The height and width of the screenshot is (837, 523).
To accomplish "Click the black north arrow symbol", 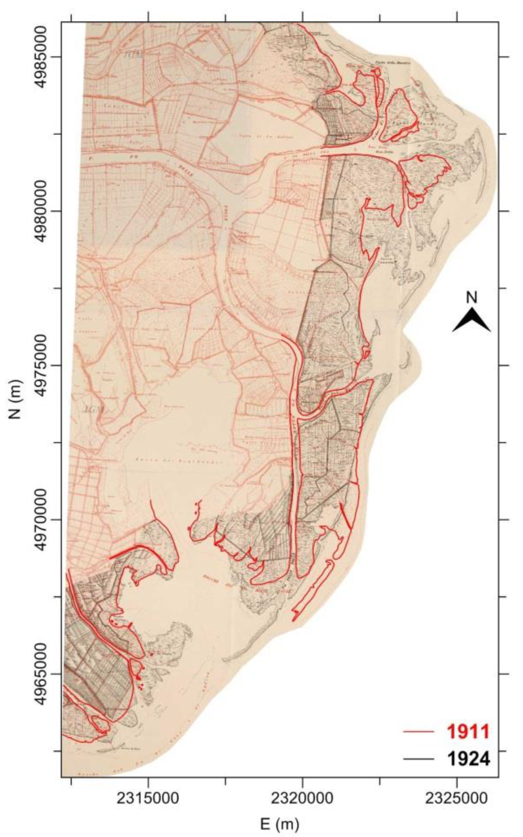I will click(x=471, y=320).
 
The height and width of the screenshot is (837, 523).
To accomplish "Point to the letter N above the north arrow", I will click(x=472, y=297).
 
